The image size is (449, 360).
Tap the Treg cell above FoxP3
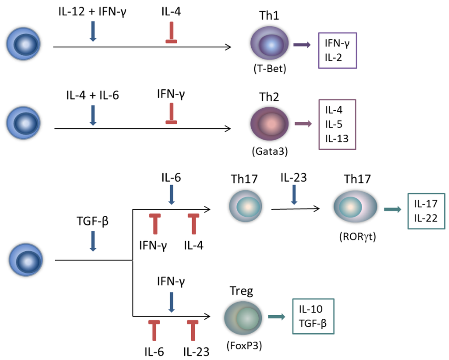pyautogui.click(x=242, y=317)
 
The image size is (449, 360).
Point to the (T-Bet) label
pyautogui.click(x=269, y=69)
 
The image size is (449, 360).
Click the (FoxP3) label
pyautogui.click(x=242, y=345)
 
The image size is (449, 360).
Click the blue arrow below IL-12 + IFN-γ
pyautogui.click(x=93, y=32)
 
